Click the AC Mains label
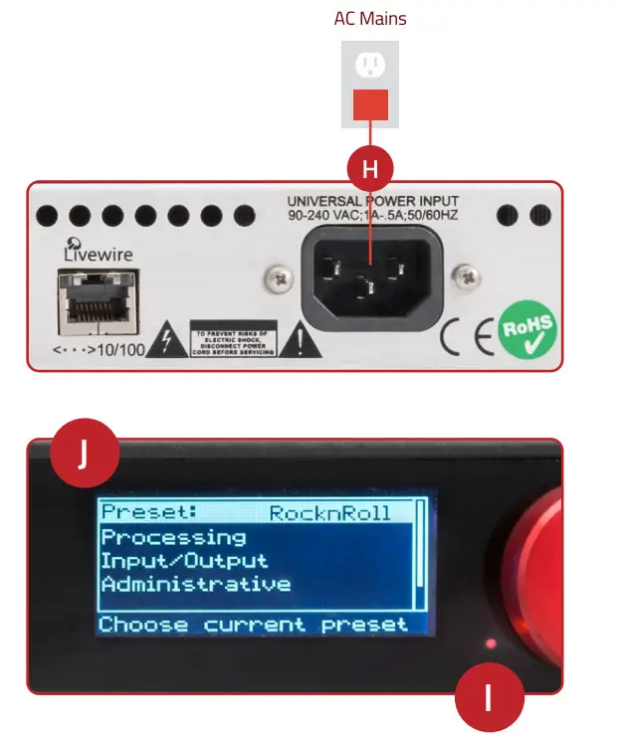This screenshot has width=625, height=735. point(369,18)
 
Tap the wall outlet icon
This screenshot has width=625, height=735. point(370,67)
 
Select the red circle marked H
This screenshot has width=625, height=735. point(370,169)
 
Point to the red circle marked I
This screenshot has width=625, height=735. point(489,698)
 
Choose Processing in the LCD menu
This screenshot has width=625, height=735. point(173,537)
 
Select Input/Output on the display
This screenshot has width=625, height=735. point(183,561)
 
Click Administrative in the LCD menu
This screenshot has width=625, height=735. point(195,584)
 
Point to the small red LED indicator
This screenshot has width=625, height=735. point(490,644)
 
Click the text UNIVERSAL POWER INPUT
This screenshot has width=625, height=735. point(379,201)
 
